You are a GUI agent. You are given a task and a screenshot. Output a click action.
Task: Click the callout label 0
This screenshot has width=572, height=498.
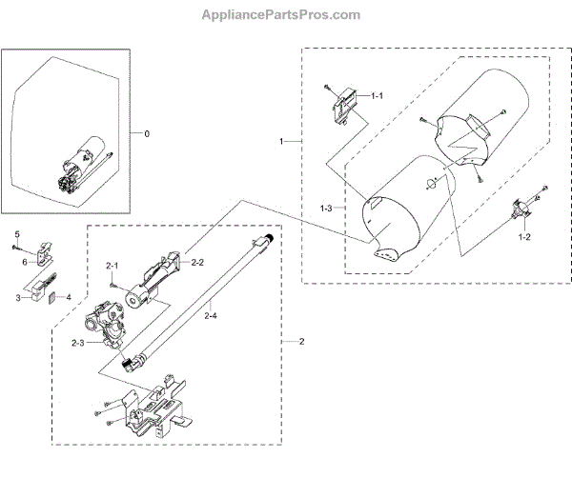tap(147, 133)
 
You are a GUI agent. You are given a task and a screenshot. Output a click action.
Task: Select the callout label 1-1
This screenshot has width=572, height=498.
tap(377, 96)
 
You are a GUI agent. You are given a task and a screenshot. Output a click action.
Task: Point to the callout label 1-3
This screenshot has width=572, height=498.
tap(326, 207)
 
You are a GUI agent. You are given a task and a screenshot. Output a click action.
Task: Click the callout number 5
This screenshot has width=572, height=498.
tap(16, 234)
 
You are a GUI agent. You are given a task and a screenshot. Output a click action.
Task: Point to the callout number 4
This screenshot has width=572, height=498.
tap(67, 298)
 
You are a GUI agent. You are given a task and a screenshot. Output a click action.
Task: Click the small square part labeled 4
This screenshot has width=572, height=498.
tap(53, 296)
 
